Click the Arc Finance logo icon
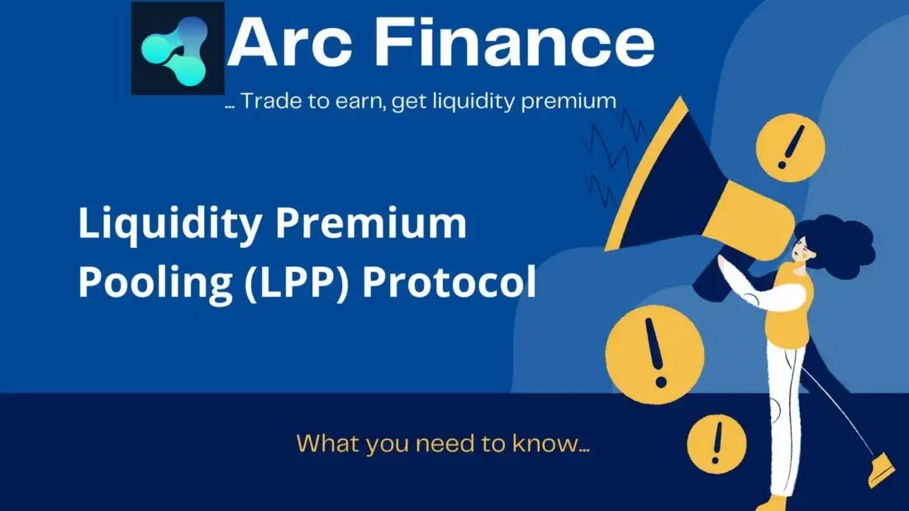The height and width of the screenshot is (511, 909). [178, 48]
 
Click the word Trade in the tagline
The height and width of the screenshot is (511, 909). [271, 101]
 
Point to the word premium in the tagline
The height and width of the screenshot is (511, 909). [569, 102]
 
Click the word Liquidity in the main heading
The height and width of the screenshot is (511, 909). [170, 224]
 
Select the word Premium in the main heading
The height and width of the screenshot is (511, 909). [370, 222]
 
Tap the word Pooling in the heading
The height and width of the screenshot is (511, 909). [155, 284]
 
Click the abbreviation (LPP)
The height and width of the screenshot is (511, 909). [296, 283]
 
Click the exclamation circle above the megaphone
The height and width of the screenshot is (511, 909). [790, 147]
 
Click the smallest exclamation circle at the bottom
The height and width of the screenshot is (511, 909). [716, 444]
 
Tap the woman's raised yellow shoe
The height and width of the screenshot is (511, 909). [882, 469]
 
